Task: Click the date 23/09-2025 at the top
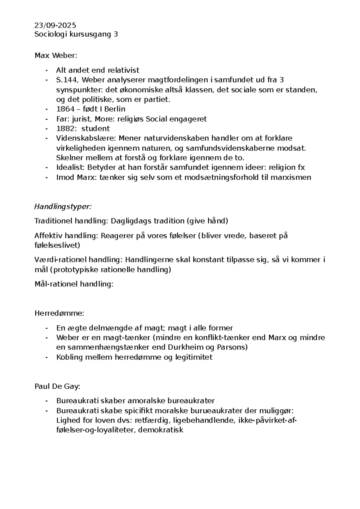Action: click(55, 25)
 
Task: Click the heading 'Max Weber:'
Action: click(56, 56)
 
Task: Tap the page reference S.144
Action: click(67, 80)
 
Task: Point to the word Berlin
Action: click(115, 109)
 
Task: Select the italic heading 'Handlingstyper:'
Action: click(63, 207)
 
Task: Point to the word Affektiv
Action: click(48, 236)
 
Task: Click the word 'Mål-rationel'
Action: click(56, 284)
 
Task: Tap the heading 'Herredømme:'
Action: click(59, 313)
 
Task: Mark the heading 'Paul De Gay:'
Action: click(57, 387)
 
